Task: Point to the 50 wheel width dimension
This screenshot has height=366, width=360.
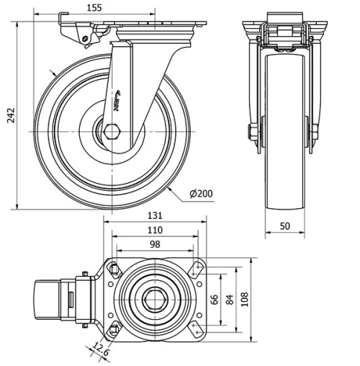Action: (x=285, y=226)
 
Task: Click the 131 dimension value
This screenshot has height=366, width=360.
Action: (x=156, y=215)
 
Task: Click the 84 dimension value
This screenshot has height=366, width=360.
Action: (x=230, y=299)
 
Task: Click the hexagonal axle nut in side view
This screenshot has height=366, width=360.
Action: (x=112, y=132)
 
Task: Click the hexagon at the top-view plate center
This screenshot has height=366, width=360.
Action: (x=153, y=298)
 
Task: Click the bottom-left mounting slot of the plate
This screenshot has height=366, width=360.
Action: (x=113, y=331)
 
